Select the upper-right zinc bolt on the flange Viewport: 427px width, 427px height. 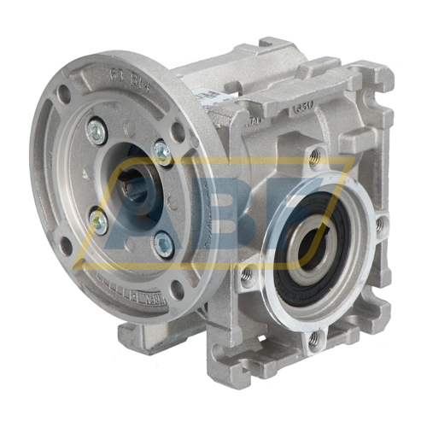161,151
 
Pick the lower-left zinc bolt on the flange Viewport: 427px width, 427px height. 99,222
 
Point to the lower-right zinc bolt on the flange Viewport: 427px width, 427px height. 161,244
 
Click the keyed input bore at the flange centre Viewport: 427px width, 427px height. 128,184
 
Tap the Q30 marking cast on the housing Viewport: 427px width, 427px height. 303,108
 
